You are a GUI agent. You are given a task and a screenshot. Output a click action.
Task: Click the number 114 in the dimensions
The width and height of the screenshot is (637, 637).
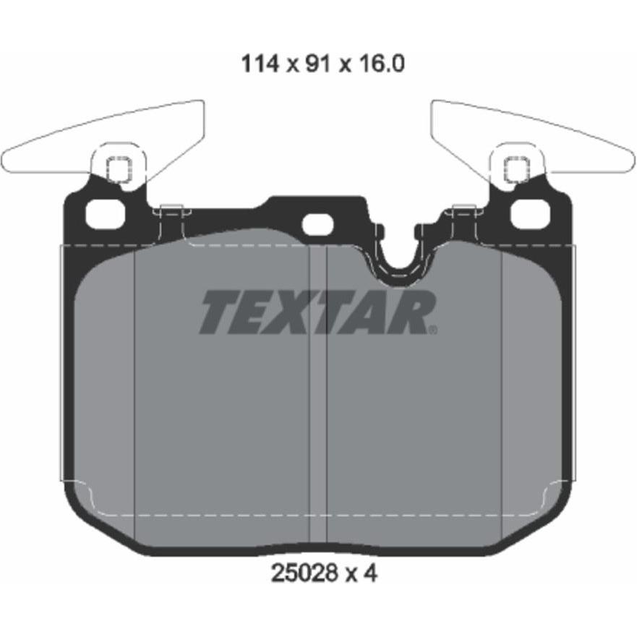(x=260, y=64)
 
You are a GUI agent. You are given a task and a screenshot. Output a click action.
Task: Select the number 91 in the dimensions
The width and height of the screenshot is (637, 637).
(x=317, y=64)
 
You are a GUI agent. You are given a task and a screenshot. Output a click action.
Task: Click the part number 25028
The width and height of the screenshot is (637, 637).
(x=304, y=573)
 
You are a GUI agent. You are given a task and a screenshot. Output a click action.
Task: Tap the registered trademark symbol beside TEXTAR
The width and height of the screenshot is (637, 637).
(x=433, y=330)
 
